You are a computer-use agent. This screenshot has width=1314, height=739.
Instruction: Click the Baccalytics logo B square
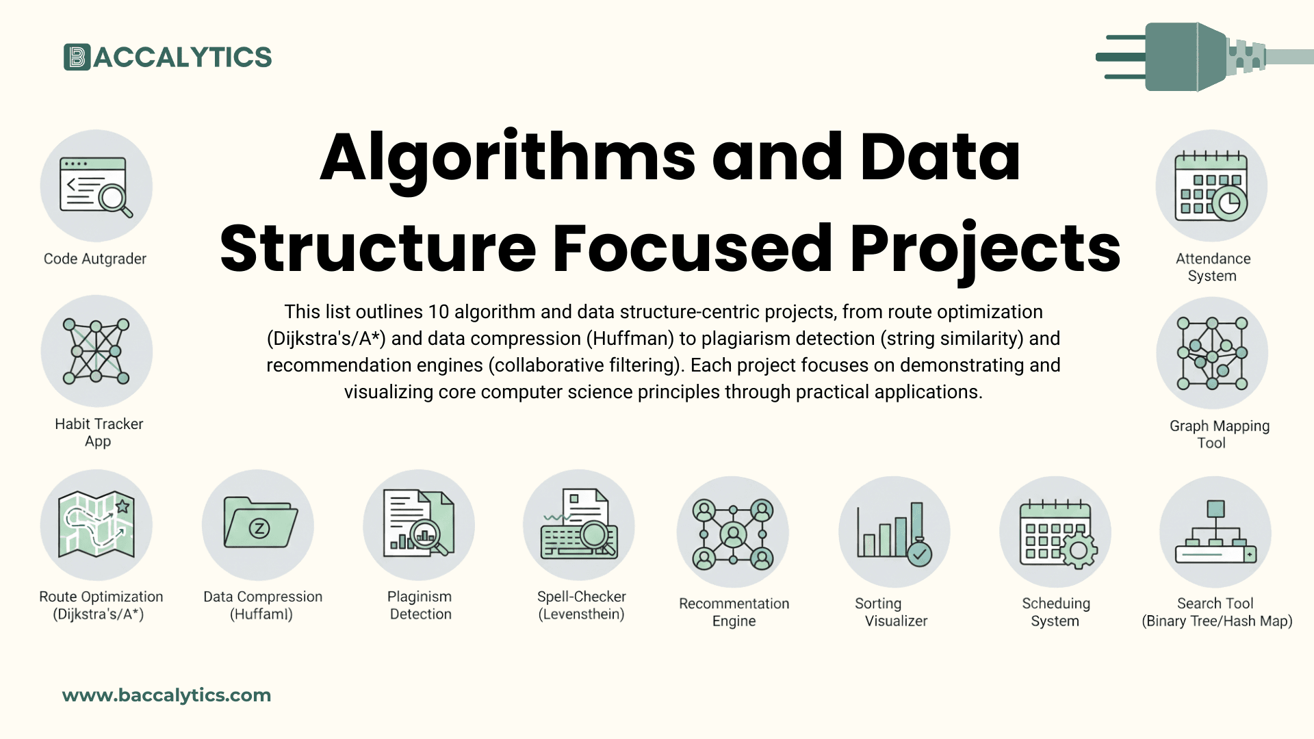77,57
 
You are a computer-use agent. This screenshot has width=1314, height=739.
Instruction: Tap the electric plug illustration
1191,57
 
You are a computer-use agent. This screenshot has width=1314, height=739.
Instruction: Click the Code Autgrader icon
96,186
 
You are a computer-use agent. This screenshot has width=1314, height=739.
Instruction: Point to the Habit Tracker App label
99,432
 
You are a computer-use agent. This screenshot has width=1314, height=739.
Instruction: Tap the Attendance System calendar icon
1211,186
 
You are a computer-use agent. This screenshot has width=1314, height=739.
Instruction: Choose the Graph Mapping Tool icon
1212,353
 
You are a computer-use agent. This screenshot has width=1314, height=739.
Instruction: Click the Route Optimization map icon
96,525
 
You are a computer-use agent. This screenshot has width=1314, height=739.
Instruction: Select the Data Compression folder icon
259,525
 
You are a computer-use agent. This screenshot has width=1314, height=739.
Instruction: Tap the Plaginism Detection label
420,606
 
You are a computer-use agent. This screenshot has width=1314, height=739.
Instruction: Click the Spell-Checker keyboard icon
579,525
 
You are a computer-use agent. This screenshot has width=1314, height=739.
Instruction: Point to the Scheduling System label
1055,612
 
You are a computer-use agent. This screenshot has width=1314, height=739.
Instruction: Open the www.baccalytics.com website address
166,695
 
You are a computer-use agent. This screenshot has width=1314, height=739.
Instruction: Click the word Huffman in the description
631,339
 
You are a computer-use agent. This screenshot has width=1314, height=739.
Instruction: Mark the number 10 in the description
438,312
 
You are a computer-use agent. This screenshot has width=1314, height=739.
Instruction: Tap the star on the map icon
123,506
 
